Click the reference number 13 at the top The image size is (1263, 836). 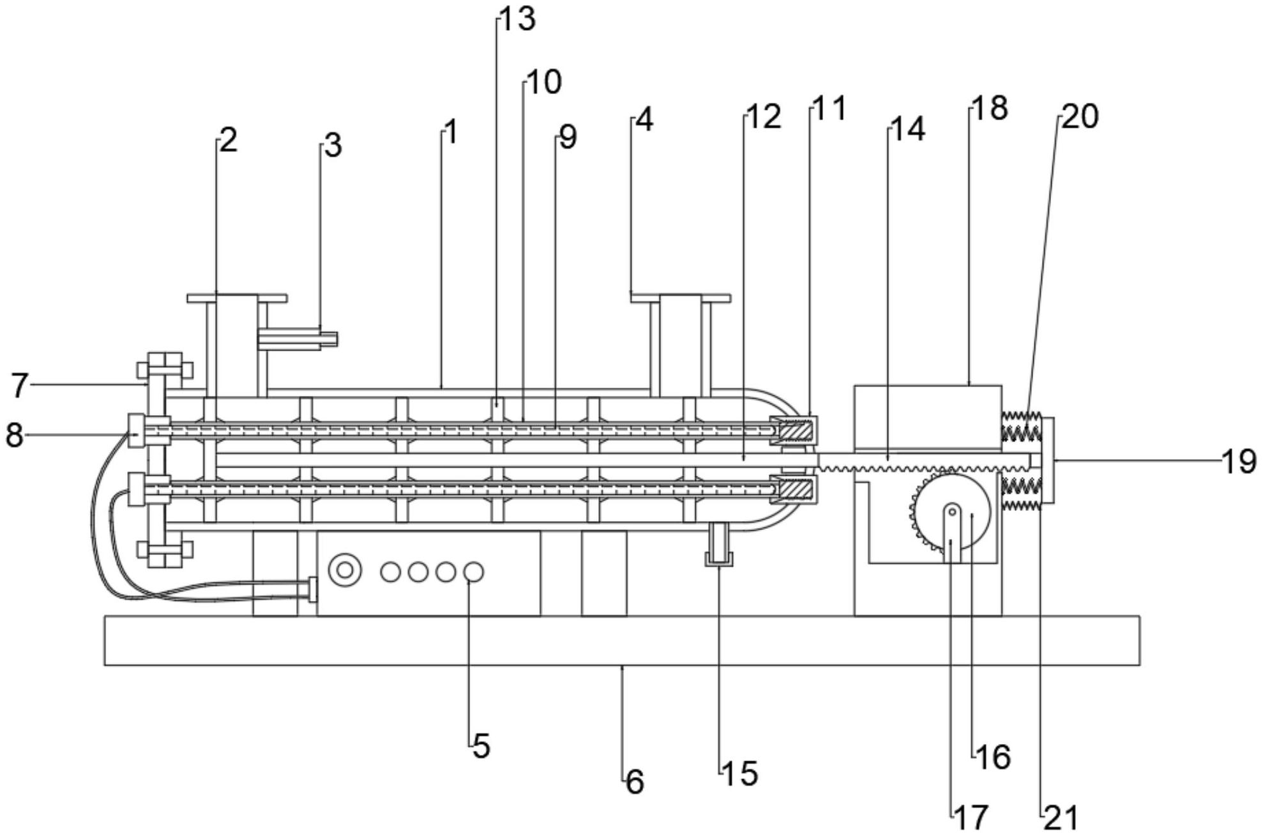517,19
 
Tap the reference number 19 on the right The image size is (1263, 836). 1239,461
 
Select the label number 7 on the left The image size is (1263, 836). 20,386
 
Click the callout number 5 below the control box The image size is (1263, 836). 481,746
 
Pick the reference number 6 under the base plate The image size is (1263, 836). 635,782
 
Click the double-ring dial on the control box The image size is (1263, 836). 345,570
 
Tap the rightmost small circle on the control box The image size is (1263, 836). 473,572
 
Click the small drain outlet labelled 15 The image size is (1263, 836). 719,544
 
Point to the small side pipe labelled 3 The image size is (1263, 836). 298,339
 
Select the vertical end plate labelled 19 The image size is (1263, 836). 1048,460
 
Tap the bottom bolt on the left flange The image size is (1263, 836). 165,550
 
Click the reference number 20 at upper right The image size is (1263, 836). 1080,117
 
